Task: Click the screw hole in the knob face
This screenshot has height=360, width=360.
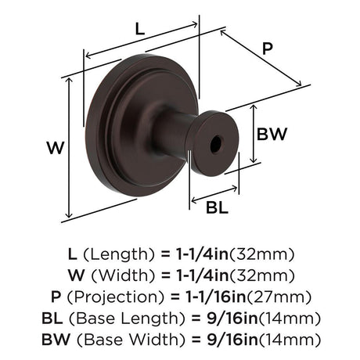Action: (x=216, y=144)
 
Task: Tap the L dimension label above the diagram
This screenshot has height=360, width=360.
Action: (x=140, y=29)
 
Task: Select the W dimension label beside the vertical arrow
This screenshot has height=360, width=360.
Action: (x=56, y=147)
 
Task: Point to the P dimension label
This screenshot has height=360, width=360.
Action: (x=268, y=49)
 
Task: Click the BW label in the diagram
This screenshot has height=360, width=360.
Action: (x=272, y=134)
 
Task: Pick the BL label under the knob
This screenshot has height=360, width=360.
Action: (x=217, y=208)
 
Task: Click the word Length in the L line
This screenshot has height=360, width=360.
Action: (x=119, y=254)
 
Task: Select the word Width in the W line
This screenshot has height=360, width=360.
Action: (x=123, y=275)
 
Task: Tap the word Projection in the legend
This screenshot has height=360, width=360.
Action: (x=116, y=297)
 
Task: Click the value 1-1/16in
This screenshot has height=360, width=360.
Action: (x=216, y=297)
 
